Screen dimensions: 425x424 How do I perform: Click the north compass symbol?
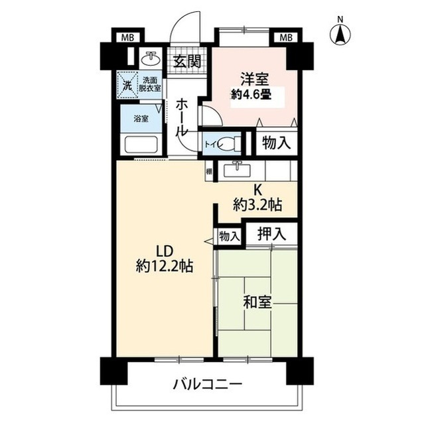click(x=341, y=34)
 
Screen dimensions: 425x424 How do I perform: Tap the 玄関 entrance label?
click(x=186, y=62)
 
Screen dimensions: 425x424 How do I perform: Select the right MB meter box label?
click(x=285, y=37)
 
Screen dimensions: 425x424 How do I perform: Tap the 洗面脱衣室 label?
click(x=150, y=84)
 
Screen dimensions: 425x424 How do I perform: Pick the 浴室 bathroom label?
click(x=141, y=119)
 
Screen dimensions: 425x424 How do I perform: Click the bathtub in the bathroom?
click(x=141, y=144)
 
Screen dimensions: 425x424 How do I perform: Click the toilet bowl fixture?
click(x=229, y=143)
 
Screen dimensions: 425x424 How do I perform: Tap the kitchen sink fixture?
click(x=236, y=170)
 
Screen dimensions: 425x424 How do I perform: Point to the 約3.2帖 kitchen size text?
click(x=256, y=205)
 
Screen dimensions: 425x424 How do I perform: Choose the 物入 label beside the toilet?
click(x=274, y=143)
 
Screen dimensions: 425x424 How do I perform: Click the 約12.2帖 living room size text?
click(x=165, y=266)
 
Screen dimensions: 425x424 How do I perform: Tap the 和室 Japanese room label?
click(x=256, y=303)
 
